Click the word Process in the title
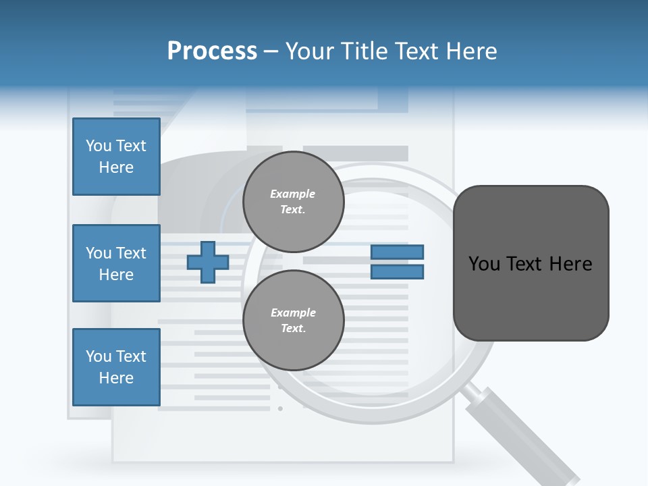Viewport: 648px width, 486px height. tap(212, 51)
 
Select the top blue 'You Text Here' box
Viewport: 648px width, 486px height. tap(116, 157)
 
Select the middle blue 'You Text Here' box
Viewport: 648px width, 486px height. tap(116, 263)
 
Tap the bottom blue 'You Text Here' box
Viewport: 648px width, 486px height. tap(116, 367)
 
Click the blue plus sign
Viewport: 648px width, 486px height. tap(208, 262)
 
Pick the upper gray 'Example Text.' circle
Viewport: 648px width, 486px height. tap(293, 202)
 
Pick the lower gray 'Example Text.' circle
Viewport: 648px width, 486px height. tap(293, 321)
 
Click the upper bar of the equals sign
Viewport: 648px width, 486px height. tap(397, 252)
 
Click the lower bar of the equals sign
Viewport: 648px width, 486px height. tap(397, 272)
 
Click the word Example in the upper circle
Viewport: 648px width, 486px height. tap(293, 194)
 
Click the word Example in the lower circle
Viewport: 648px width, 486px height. tap(293, 313)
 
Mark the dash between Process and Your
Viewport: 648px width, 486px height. tap(271, 52)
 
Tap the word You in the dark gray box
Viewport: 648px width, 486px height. tap(484, 264)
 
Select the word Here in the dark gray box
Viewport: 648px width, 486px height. tap(570, 264)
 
